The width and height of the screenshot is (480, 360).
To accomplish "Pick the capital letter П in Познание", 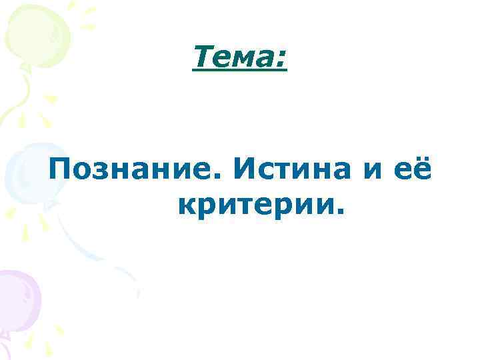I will point(61,171).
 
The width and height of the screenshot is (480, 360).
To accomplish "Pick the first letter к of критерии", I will point(187,209).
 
